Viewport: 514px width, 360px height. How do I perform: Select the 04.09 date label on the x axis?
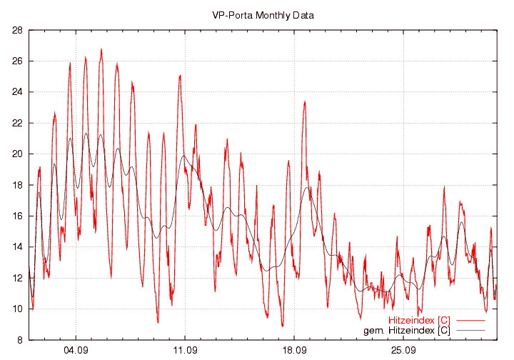(x=76, y=351)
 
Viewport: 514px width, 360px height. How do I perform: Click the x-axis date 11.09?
(x=185, y=351)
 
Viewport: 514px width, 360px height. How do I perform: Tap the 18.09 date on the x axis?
(x=294, y=351)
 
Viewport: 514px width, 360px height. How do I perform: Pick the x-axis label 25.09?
(x=403, y=351)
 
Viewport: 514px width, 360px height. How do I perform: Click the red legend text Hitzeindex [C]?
(x=419, y=320)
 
